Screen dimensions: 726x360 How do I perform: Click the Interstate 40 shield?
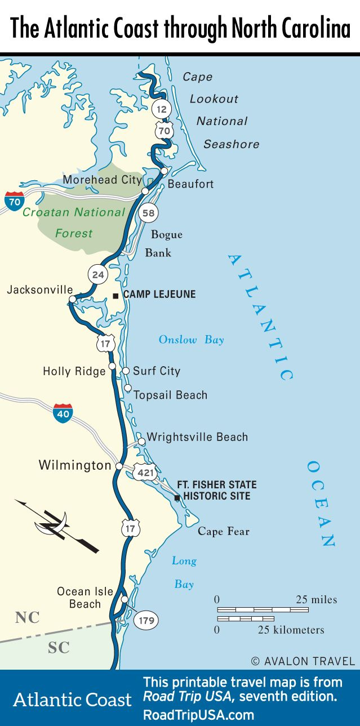(63, 413)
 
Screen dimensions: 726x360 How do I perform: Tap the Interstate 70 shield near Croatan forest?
(14, 201)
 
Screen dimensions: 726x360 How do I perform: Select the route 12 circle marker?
(162, 109)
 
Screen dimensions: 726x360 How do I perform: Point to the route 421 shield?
(145, 472)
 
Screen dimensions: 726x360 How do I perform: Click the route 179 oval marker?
(145, 621)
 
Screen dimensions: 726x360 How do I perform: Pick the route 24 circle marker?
(98, 275)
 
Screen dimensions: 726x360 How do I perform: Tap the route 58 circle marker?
(148, 213)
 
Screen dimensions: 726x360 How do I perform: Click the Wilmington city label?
(75, 465)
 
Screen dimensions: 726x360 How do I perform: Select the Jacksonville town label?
(40, 289)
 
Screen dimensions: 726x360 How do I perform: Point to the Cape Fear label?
(223, 531)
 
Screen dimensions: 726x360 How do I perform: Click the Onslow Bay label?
(191, 340)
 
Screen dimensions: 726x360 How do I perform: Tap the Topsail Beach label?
(170, 395)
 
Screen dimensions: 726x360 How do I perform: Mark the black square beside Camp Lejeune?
(115, 295)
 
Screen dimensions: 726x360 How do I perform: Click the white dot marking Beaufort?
(164, 171)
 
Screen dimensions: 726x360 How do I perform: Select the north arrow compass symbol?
(57, 525)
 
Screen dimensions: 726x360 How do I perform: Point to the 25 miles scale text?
(316, 599)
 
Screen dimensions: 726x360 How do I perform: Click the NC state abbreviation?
(27, 617)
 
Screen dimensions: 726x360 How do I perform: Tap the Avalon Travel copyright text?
(303, 661)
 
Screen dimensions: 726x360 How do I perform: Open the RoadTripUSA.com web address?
(198, 715)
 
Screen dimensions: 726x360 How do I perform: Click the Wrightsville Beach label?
(197, 437)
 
